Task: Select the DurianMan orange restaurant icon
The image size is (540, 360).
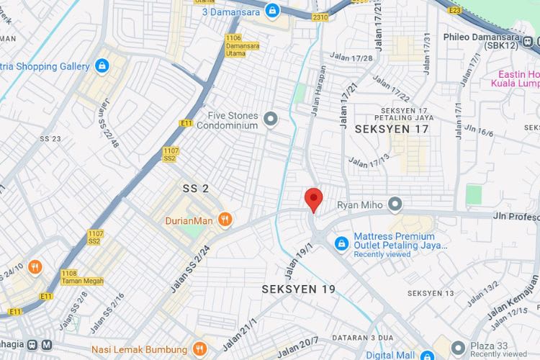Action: pos(225,220)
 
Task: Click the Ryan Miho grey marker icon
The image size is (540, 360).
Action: pos(395,205)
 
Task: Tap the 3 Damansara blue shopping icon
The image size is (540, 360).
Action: pos(272,11)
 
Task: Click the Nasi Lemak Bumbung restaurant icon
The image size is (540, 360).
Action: pos(201,349)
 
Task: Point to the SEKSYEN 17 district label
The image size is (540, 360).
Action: pos(392,129)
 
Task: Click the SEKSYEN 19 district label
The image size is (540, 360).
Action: pos(298,289)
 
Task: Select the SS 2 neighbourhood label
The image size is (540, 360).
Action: pos(195,189)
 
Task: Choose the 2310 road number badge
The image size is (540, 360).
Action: pos(320,16)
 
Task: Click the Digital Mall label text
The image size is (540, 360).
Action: pos(389,354)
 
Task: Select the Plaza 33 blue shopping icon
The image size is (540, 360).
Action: pos(458,347)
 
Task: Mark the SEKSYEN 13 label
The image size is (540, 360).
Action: pos(431,293)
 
